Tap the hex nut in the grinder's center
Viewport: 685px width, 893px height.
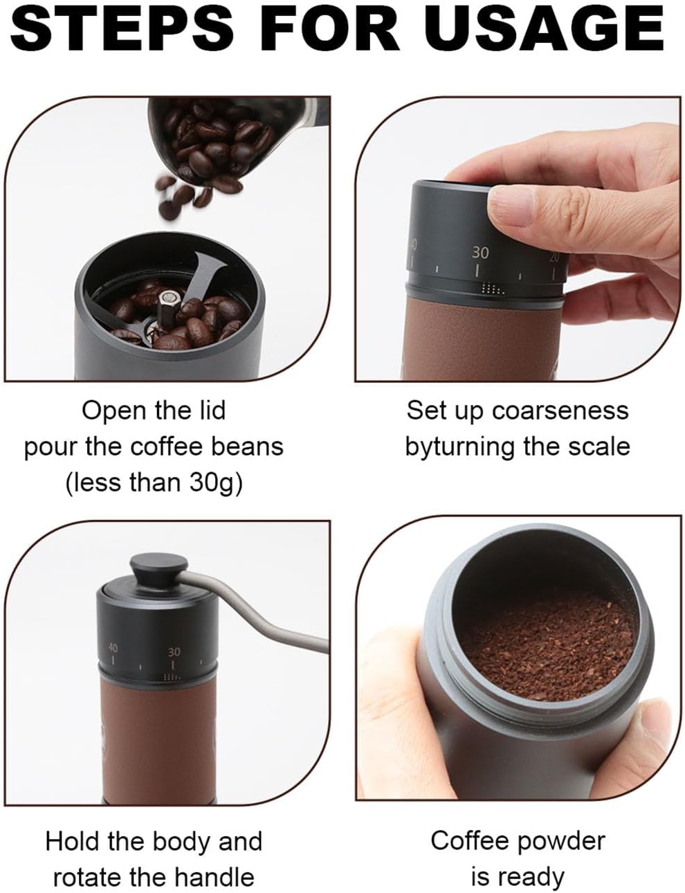(169, 303)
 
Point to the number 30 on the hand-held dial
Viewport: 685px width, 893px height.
(480, 253)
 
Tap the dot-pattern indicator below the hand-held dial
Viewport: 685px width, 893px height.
(492, 289)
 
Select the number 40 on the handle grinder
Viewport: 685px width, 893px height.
(112, 648)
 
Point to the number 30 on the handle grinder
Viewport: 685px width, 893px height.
(174, 651)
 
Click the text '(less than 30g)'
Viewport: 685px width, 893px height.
(154, 482)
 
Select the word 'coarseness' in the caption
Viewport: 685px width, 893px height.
(560, 411)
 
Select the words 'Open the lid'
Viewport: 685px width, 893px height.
(154, 411)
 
